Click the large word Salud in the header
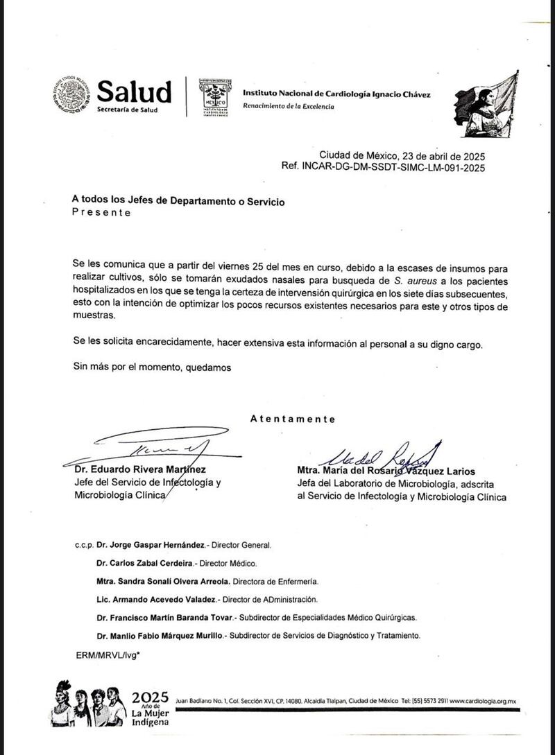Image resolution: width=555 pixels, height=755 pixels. point(134,92)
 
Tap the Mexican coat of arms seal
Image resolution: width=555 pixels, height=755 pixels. point(71,96)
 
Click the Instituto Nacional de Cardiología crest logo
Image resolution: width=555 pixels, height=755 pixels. point(215,97)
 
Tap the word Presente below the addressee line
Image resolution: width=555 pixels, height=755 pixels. point(101,213)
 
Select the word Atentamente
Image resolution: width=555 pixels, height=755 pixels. point(292,419)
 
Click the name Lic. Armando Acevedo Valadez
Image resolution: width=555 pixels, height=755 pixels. point(156,599)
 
